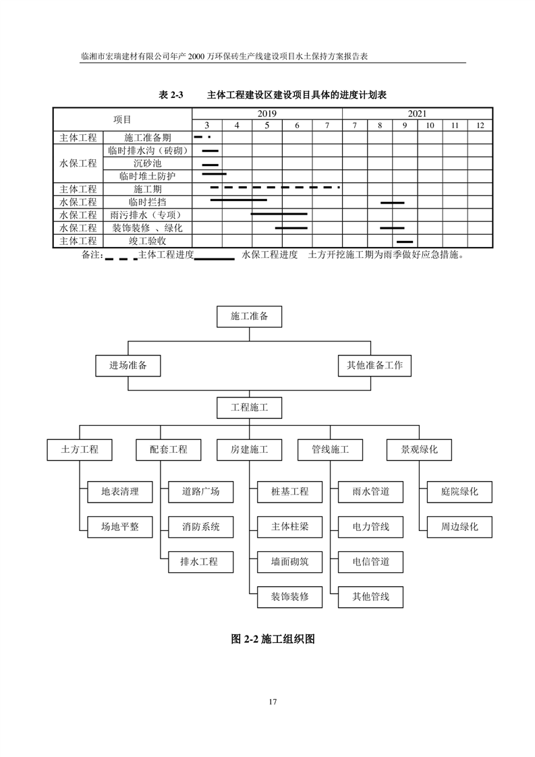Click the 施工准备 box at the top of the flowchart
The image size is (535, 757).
click(249, 316)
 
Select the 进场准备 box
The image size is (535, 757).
click(128, 365)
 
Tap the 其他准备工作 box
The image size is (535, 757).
click(374, 365)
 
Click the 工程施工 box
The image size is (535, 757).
click(249, 408)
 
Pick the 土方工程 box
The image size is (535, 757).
click(80, 449)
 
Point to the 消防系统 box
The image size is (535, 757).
click(200, 526)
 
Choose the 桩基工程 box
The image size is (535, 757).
click(289, 491)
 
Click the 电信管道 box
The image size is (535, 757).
click(370, 561)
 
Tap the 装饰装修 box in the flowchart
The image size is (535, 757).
click(289, 596)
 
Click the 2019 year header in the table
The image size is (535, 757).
click(266, 114)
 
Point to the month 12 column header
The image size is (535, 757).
click(480, 125)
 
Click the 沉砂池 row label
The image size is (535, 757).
click(148, 163)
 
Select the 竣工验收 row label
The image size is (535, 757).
click(148, 241)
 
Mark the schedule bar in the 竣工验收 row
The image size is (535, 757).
click(405, 241)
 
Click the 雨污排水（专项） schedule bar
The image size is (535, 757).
click(279, 215)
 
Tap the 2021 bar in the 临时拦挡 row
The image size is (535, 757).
click(392, 202)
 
